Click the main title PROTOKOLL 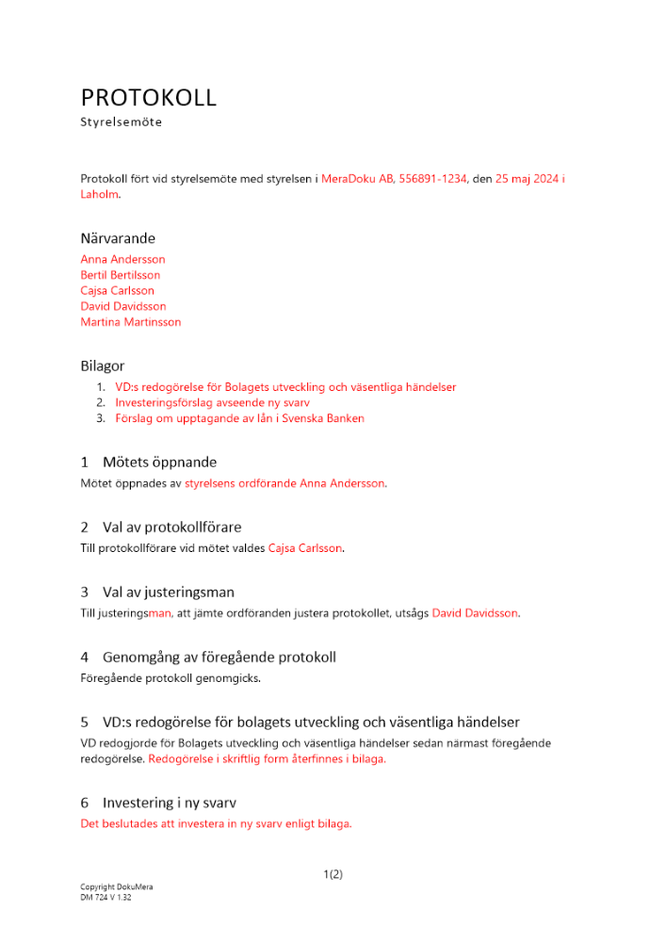click(x=149, y=97)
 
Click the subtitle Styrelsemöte click(x=122, y=122)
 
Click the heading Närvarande click(x=118, y=238)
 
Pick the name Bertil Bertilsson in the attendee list click(x=121, y=275)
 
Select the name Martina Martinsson click(x=131, y=322)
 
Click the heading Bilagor click(x=103, y=365)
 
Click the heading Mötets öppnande click(x=159, y=463)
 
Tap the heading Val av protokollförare click(x=178, y=527)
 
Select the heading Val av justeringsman click(x=169, y=593)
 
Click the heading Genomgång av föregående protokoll click(x=219, y=658)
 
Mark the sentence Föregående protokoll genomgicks click(x=171, y=678)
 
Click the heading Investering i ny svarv click(x=169, y=804)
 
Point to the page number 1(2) click(x=333, y=874)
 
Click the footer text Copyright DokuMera click(x=117, y=887)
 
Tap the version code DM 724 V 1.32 click(x=106, y=898)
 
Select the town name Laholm click(x=100, y=194)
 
